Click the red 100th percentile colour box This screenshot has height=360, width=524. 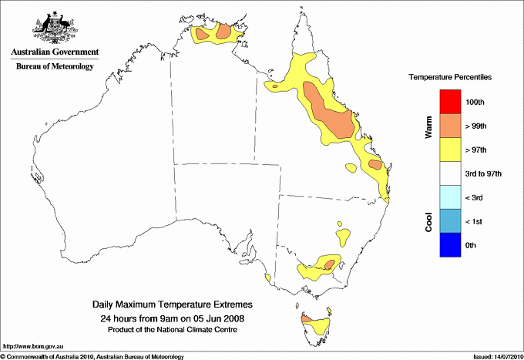(x=450, y=102)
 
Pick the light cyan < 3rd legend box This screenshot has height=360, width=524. (x=450, y=197)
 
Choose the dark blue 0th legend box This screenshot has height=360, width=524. (x=450, y=245)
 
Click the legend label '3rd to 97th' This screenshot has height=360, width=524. (x=485, y=174)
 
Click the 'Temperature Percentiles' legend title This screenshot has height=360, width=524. (x=450, y=78)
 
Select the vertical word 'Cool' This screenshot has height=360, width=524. (x=429, y=221)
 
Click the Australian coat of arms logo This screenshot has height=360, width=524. (x=54, y=26)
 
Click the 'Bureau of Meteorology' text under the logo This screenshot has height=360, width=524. (x=55, y=67)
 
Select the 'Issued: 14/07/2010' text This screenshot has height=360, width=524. (x=497, y=356)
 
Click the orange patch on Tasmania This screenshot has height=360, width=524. (x=306, y=318)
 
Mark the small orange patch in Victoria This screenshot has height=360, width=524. (x=329, y=264)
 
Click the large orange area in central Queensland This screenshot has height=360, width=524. (x=330, y=113)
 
